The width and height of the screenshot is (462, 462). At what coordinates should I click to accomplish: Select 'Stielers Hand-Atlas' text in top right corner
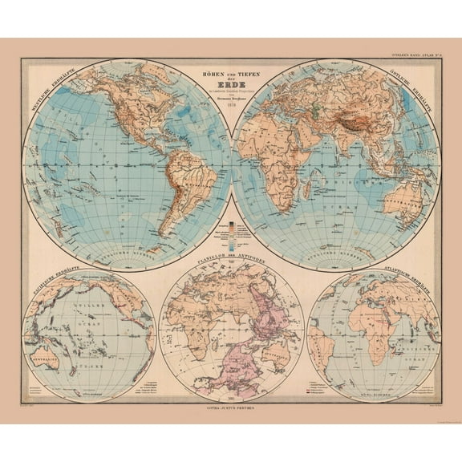click(x=416, y=55)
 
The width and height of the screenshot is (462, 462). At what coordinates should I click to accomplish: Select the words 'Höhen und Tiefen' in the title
click(x=231, y=73)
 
